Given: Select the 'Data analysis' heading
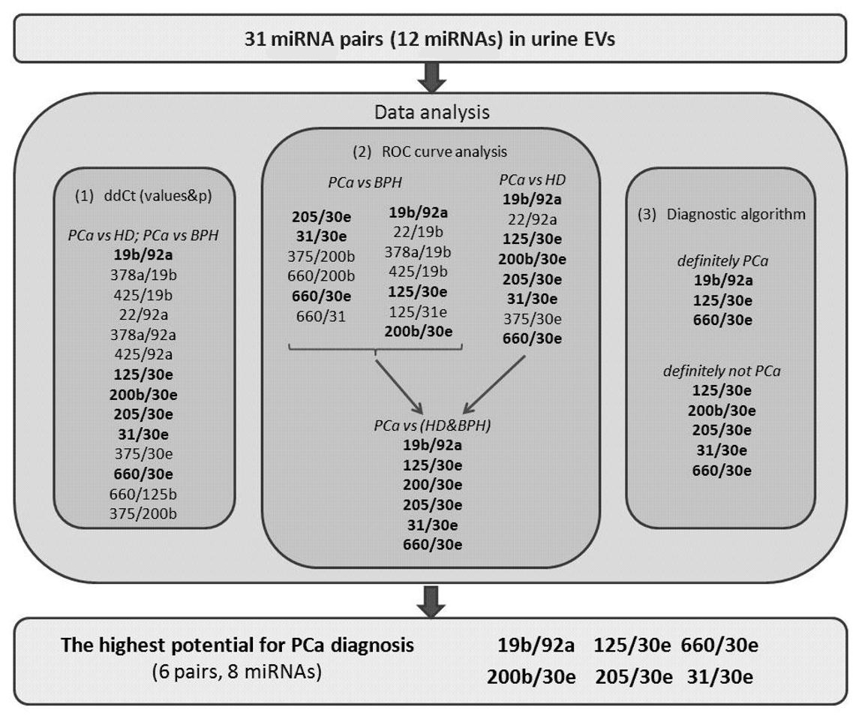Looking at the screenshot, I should tap(431, 113).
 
